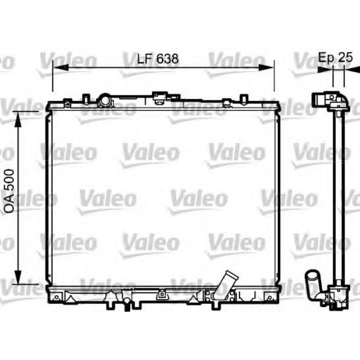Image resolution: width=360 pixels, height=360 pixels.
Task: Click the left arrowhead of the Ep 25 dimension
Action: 325,69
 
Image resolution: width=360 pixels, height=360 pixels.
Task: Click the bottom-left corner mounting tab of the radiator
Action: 56,297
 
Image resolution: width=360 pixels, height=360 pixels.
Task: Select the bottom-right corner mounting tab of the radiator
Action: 269,296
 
